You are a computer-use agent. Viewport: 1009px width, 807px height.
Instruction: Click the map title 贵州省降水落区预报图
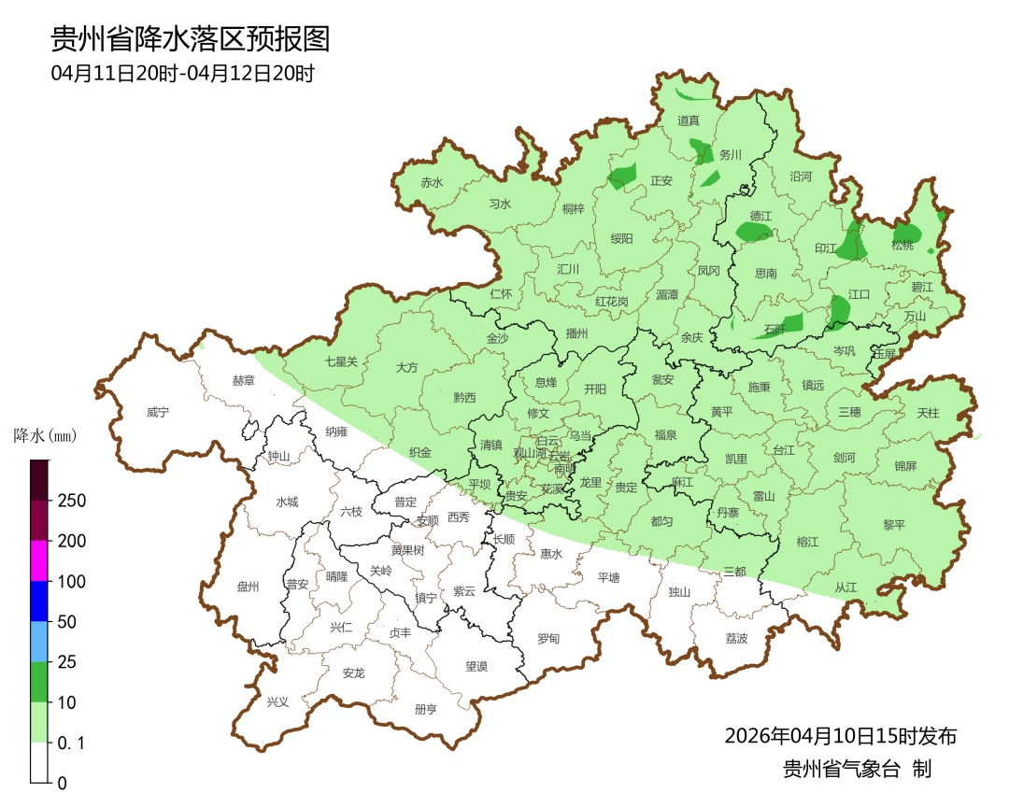click(191, 39)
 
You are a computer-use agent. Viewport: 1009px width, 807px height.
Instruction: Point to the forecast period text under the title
click(182, 74)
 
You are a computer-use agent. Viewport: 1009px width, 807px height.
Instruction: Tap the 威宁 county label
click(159, 412)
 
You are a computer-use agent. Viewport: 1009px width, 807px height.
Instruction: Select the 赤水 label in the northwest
click(432, 183)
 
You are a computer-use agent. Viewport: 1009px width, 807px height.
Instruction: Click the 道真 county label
click(689, 120)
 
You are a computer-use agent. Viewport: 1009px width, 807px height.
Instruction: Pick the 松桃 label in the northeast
click(902, 245)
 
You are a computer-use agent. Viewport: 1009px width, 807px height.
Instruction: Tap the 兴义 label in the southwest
click(278, 701)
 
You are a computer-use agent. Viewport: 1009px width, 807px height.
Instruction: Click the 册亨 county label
click(425, 709)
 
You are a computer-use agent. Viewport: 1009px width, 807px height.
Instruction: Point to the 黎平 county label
click(894, 525)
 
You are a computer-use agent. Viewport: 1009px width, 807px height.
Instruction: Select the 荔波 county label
click(736, 638)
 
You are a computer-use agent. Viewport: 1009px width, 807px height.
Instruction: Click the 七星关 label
click(341, 361)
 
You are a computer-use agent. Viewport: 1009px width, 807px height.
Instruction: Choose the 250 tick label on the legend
click(71, 501)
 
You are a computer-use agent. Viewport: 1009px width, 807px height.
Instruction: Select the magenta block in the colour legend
click(38, 560)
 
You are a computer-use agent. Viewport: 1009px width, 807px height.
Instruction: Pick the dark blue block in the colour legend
click(38, 601)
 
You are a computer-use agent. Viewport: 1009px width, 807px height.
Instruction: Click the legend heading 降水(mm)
click(45, 436)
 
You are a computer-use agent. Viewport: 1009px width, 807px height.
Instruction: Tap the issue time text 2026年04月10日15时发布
click(840, 736)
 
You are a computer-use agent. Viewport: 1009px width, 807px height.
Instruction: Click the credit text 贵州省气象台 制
click(857, 770)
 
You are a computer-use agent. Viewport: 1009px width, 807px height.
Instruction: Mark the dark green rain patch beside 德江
click(753, 232)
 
